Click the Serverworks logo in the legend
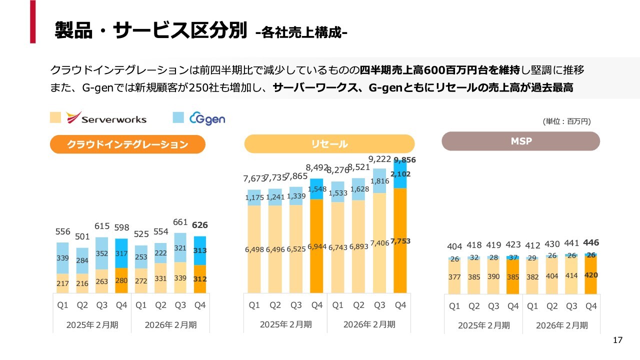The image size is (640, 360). click(106, 118)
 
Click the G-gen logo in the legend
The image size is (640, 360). click(207, 118)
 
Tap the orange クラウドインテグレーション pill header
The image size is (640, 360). click(127, 144)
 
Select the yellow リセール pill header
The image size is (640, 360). click(329, 144)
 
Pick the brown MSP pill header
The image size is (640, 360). click(520, 141)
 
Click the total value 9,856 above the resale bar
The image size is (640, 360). click(404, 160)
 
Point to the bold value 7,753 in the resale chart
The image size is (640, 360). click(400, 241)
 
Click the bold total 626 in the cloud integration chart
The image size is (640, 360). click(200, 225)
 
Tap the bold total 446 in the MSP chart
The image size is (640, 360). click(591, 243)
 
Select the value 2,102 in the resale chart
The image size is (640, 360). click(401, 174)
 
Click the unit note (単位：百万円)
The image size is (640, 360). click(566, 121)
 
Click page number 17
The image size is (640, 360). click(617, 340)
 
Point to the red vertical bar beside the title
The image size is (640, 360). click(32, 21)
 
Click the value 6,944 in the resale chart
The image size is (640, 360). click(316, 247)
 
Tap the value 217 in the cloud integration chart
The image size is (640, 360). click(62, 283)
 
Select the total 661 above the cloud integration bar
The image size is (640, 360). click(179, 222)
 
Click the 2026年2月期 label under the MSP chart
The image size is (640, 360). click(561, 325)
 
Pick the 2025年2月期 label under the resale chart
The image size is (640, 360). click(285, 324)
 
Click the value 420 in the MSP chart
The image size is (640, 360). click(591, 275)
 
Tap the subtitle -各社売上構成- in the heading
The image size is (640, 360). click(301, 33)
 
